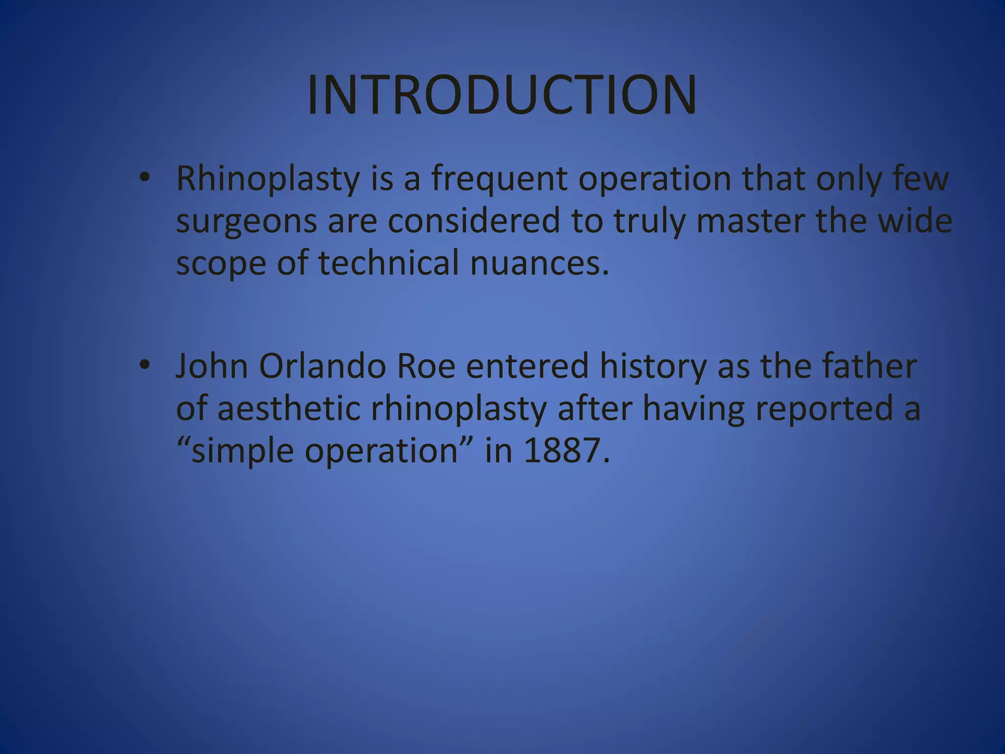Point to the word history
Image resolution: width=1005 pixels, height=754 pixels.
point(653,367)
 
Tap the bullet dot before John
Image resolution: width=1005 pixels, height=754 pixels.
point(144,366)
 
